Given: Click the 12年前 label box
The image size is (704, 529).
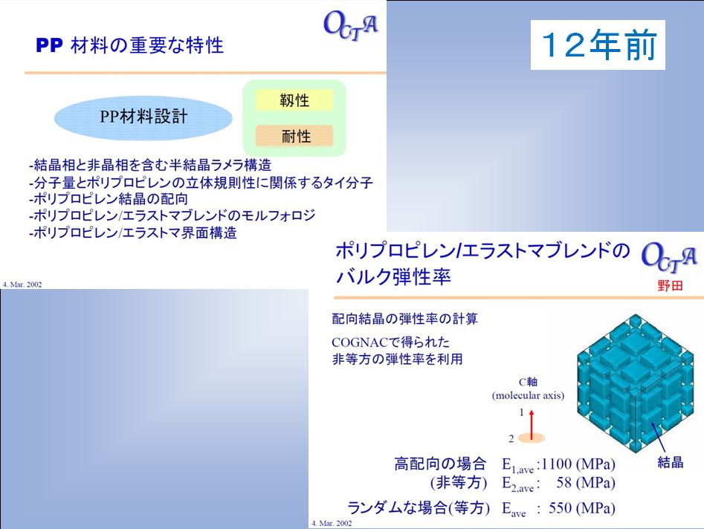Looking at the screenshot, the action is (598, 45).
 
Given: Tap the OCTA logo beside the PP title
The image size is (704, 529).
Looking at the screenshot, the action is (351, 25).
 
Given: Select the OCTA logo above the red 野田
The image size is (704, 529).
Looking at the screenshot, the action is (669, 258).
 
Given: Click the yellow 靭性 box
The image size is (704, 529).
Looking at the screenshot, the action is (294, 100).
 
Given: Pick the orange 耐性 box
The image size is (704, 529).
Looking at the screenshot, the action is (294, 135).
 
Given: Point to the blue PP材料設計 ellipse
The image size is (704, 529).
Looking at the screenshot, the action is (143, 117).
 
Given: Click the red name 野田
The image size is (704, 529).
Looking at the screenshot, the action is (670, 285).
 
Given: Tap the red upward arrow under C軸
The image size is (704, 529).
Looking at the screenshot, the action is (532, 424).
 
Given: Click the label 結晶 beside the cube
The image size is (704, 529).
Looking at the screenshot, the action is (671, 462).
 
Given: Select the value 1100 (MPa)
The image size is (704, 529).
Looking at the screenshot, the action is (578, 464).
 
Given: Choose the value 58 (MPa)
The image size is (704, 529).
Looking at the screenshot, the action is (586, 483).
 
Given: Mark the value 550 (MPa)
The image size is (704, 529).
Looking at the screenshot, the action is (582, 508).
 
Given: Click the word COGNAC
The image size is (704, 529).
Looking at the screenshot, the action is (360, 343).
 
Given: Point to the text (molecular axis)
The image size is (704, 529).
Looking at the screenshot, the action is (528, 396).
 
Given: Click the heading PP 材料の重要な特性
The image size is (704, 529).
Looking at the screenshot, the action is (129, 45).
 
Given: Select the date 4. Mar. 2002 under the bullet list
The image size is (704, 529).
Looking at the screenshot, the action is (22, 285).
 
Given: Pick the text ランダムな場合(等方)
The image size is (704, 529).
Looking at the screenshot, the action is (419, 508).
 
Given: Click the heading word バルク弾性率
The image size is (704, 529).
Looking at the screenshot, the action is (393, 276).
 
